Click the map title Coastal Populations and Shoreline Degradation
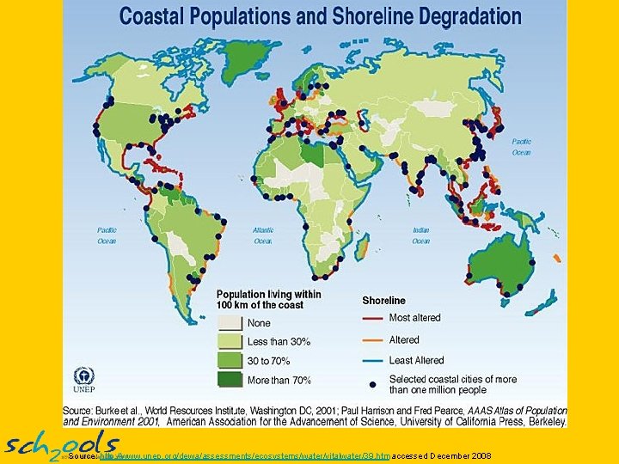319,15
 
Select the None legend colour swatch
230,323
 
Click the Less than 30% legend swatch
230,342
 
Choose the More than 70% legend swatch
230,380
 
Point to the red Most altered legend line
372,319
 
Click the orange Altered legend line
372,340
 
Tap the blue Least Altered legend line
372,360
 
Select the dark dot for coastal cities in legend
372,383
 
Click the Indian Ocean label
420,235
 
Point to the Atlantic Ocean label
263,235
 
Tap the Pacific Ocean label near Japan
521,147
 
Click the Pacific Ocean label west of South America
107,235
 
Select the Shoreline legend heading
383,301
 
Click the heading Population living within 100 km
268,299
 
